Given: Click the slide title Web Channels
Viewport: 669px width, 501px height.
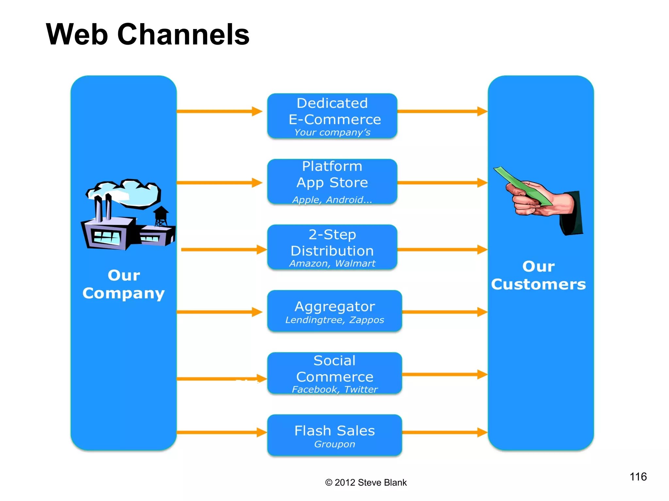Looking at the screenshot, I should (148, 34).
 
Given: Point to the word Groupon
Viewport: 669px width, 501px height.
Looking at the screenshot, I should (334, 444).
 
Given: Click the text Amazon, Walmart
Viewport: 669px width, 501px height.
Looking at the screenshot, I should (332, 264).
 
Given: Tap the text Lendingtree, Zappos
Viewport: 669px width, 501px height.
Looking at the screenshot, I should (334, 320).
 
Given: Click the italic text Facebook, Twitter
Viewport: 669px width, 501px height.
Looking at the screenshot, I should (334, 389).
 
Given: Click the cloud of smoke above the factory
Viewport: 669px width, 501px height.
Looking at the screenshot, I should (126, 192).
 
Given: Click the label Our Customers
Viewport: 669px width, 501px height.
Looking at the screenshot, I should (538, 276).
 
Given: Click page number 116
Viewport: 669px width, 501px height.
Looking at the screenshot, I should (638, 477).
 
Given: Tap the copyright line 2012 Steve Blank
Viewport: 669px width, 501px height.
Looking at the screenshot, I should (366, 482).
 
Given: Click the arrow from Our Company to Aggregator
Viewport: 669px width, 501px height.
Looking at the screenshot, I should (219, 312).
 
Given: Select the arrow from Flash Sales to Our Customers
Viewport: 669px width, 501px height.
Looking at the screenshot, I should (444, 433).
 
